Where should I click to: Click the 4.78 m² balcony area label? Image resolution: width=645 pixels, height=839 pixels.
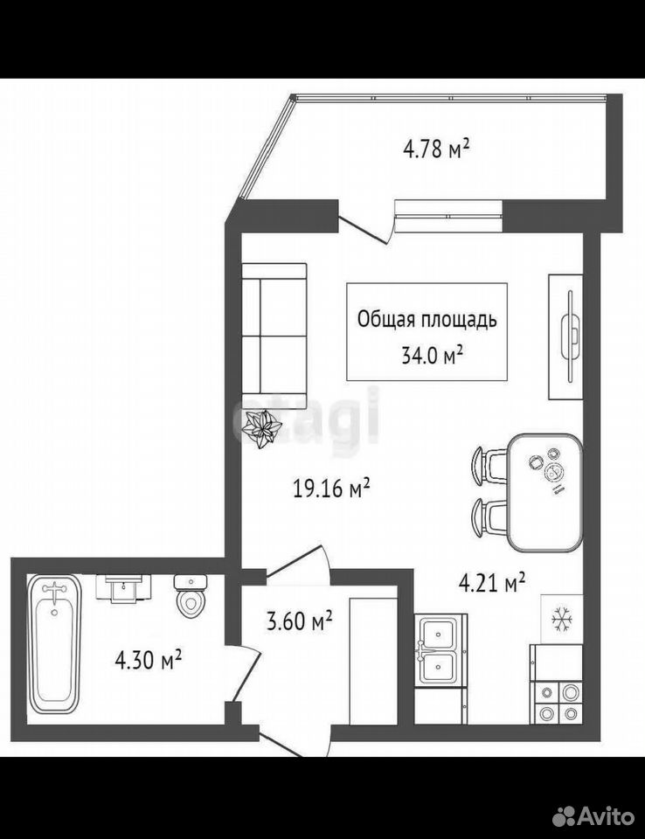[436, 149]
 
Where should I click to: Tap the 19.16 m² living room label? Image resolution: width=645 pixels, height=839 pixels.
[332, 488]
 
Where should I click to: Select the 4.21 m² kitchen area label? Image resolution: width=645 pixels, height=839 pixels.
[491, 583]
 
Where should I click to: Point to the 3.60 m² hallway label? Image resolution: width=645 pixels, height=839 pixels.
[299, 621]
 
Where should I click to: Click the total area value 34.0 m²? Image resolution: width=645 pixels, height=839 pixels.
[432, 355]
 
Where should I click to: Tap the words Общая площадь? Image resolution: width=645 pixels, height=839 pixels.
[427, 320]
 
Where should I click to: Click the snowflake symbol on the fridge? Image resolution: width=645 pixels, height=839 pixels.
[562, 619]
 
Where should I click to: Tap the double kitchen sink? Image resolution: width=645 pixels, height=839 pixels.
[439, 649]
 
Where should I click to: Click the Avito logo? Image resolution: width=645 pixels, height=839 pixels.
[593, 816]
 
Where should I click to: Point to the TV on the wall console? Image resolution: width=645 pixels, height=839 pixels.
[570, 336]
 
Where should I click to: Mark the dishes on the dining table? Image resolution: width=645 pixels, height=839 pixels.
[548, 467]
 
